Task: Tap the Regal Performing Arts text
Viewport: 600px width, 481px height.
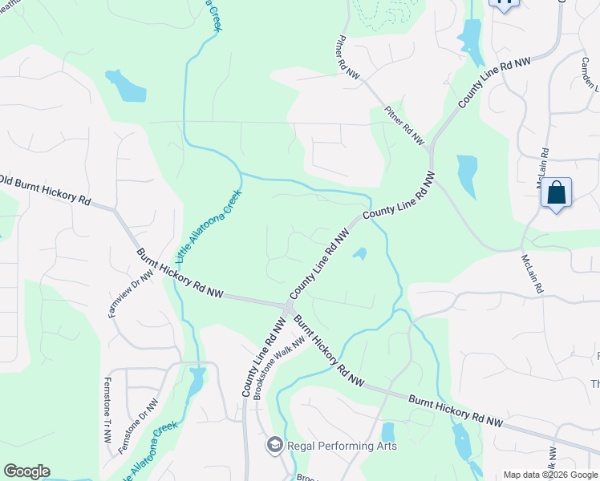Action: coord(341,446)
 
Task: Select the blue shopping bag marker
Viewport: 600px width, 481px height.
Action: coord(556,193)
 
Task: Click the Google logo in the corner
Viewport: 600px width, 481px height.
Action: coord(26,471)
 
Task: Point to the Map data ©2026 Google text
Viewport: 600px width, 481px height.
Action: coord(550,475)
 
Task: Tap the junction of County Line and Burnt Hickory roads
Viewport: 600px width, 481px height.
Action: coord(288,308)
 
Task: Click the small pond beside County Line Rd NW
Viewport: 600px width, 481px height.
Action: coord(360,254)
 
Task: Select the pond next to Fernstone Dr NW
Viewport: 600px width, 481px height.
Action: coord(195,383)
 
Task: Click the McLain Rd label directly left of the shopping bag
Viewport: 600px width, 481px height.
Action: coord(543,168)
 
